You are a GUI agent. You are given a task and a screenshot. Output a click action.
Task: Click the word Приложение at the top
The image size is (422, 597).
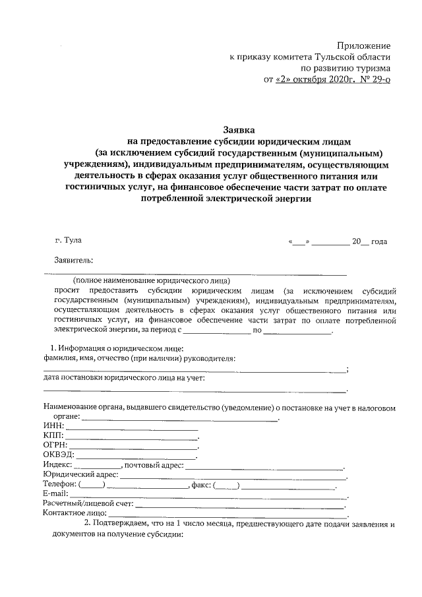point(363,46)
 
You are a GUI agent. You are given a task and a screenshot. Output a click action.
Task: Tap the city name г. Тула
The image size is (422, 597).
point(69,241)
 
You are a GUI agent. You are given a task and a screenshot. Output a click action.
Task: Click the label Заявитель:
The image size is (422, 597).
point(74,260)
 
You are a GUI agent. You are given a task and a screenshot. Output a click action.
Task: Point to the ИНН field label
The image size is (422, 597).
point(53,429)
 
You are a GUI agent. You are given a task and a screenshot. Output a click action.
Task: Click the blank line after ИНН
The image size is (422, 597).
point(132,430)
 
